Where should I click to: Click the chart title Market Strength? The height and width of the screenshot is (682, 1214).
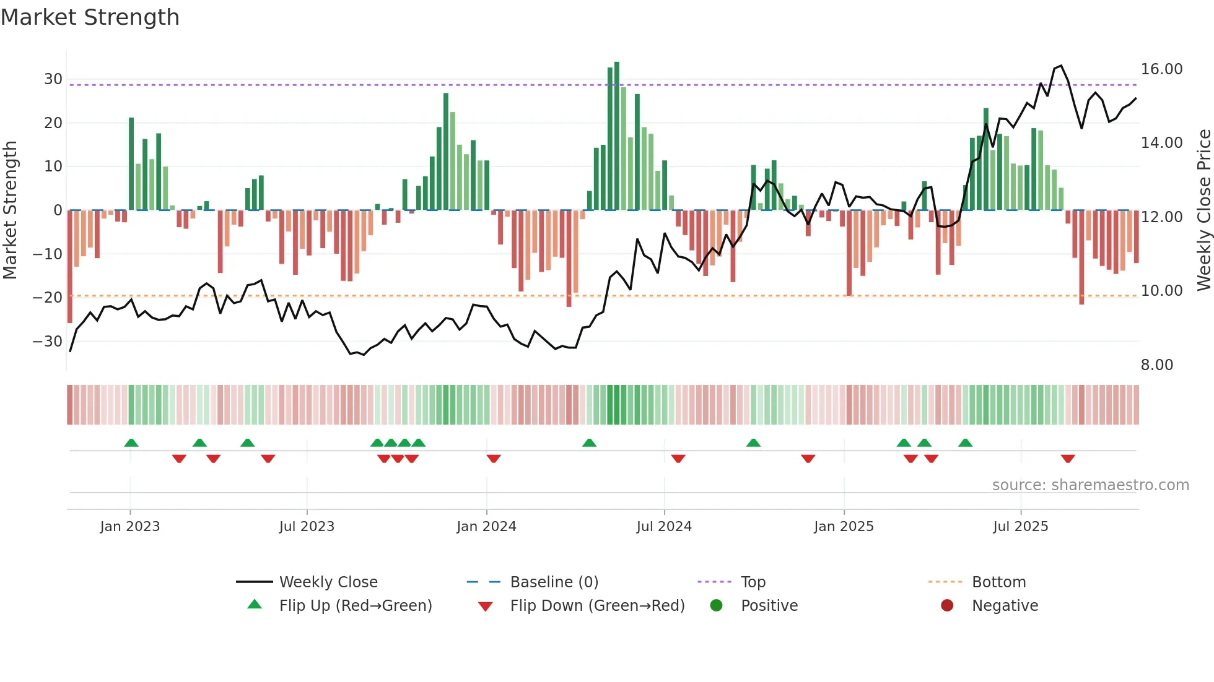[x=90, y=17]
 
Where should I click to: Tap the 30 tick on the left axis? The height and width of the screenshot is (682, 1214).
[x=53, y=79]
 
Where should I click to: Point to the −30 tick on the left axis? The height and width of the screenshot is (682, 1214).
[x=48, y=341]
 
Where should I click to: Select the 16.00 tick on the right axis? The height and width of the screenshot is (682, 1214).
[x=1161, y=69]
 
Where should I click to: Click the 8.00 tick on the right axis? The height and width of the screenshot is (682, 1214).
[x=1156, y=365]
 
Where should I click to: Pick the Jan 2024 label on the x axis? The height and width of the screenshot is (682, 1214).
[x=486, y=527]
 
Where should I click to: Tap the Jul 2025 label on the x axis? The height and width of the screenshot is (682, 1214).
[x=1020, y=527]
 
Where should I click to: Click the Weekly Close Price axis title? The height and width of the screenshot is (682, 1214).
[x=1203, y=210]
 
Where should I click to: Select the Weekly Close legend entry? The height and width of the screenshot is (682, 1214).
[x=328, y=582]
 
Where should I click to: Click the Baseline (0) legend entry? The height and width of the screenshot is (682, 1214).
[x=554, y=582]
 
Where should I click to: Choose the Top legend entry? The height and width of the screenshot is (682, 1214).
[x=753, y=582]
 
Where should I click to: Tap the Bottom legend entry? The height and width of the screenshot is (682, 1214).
[x=998, y=582]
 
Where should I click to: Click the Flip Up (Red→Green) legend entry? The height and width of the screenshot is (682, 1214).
[x=355, y=606]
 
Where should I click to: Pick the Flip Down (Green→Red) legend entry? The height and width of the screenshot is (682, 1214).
[x=597, y=606]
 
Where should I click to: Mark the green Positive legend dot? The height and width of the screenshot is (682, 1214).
[x=716, y=605]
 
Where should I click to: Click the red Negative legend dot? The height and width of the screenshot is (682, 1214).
[x=946, y=605]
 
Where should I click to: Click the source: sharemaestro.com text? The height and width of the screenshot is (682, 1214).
[x=1090, y=485]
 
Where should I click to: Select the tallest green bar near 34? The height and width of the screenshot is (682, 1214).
[x=617, y=136]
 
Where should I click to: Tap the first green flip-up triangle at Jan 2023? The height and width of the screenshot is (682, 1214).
[x=131, y=442]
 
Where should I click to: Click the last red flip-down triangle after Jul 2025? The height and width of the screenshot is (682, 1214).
[x=1067, y=459]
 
